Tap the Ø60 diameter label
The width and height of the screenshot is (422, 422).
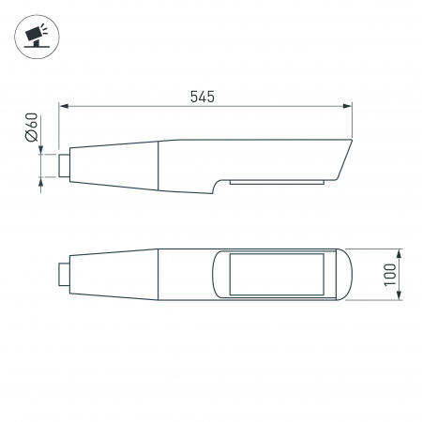tap(32, 126)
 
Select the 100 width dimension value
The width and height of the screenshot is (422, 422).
tap(388, 275)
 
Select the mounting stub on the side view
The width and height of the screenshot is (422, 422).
tap(64, 165)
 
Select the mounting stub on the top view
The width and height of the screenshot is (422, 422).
tap(64, 275)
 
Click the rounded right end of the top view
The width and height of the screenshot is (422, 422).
tap(346, 275)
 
